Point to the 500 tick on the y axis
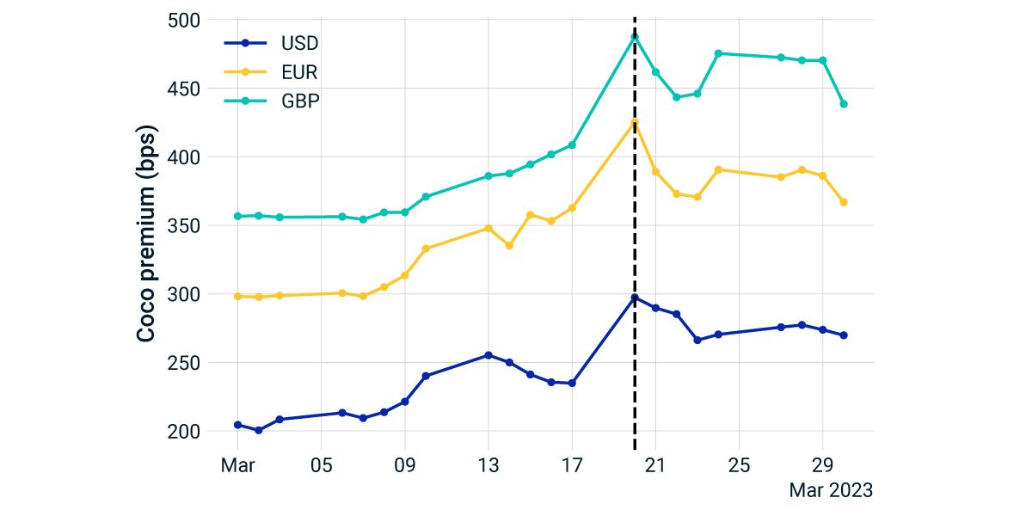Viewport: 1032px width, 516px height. (183, 20)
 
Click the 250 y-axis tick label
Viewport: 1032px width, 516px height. (183, 363)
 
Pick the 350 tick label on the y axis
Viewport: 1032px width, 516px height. (183, 226)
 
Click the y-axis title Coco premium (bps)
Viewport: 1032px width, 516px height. (148, 234)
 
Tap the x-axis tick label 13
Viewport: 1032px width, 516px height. (488, 465)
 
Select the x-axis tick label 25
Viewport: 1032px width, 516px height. (739, 465)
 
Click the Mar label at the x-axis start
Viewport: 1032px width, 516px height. (237, 465)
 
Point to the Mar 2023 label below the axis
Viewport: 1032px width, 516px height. (831, 490)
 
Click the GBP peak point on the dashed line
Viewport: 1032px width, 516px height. (635, 36)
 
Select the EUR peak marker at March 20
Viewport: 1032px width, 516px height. (635, 122)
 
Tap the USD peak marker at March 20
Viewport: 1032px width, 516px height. (635, 298)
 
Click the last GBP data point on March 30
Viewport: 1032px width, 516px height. (844, 104)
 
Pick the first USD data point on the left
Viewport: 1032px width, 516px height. (237, 425)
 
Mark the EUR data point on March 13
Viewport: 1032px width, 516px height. (488, 228)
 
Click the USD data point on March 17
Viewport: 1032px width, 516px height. (572, 383)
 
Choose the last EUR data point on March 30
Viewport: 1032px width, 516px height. (844, 202)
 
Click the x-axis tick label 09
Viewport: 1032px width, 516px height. (405, 465)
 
